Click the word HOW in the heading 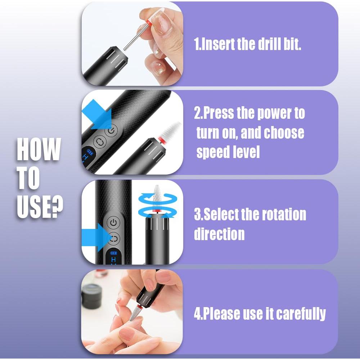tap(39, 149)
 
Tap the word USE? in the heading tap(40, 206)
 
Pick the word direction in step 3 tap(219, 234)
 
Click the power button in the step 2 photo tap(111, 131)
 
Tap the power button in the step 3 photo tap(114, 222)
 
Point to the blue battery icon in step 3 tap(114, 253)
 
